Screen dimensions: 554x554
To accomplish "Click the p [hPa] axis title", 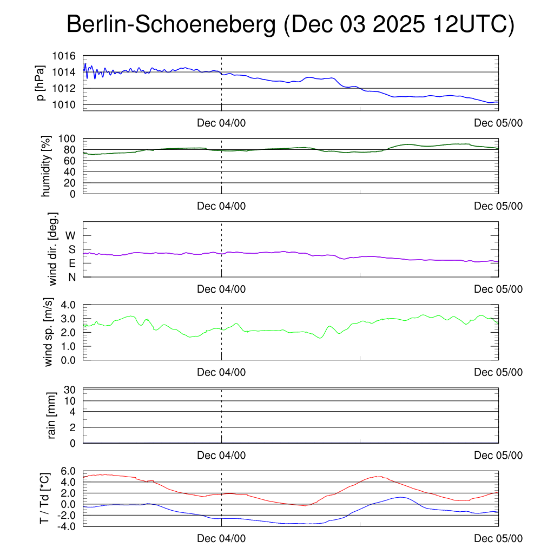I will point(41,82).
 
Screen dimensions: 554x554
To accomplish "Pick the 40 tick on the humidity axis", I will point(74,172).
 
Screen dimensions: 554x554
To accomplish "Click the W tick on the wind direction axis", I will point(71,236).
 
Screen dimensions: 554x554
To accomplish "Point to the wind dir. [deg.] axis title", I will point(52,249).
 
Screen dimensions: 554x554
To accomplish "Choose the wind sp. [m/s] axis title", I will point(49,332).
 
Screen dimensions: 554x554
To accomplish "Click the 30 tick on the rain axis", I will point(75,390).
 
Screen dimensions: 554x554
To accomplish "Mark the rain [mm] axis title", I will point(52,415).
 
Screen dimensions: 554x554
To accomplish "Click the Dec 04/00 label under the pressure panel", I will point(221,123).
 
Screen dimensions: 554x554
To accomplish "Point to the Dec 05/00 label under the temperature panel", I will point(498,538).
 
